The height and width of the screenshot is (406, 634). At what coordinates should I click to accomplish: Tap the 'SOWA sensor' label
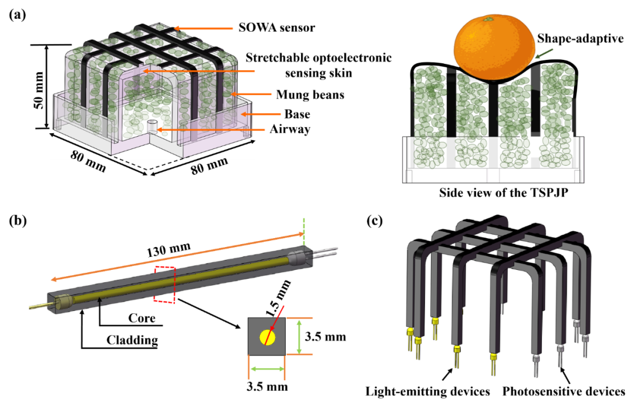[276, 28]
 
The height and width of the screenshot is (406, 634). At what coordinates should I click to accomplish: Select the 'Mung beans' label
[310, 94]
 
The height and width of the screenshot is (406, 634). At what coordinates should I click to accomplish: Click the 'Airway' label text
[290, 129]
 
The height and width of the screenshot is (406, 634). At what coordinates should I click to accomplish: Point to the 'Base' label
[297, 114]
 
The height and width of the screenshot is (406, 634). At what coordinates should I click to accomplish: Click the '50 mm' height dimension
[39, 90]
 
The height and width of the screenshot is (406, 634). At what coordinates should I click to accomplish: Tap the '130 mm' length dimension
[168, 250]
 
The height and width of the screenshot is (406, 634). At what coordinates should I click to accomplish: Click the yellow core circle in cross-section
[267, 337]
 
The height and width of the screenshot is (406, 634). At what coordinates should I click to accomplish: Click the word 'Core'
[141, 319]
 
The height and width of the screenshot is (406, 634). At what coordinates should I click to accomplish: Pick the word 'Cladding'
[132, 340]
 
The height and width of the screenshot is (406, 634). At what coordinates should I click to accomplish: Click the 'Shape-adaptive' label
[580, 39]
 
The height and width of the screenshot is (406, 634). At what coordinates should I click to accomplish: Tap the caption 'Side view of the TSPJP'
[504, 192]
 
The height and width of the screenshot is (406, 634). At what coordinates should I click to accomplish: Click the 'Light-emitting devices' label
[428, 391]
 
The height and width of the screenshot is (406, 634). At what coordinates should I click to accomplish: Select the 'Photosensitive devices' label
[564, 391]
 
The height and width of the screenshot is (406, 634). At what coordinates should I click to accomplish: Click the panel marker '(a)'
[18, 15]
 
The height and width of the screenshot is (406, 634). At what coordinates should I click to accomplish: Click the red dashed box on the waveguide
[164, 284]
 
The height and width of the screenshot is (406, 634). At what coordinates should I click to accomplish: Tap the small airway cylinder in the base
[152, 126]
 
